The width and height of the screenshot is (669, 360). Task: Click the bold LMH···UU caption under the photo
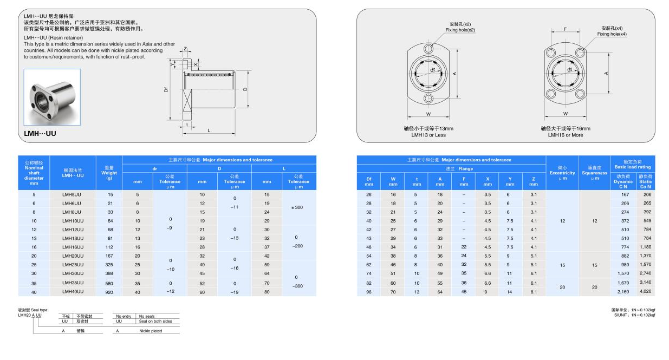[40, 133]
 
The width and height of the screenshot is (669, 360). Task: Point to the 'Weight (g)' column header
[109, 173]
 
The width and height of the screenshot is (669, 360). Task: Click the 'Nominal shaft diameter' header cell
[34, 173]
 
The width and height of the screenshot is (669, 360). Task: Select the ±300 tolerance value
[298, 207]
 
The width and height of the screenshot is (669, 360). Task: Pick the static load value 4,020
[645, 292]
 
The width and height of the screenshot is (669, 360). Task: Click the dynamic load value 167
[625, 194]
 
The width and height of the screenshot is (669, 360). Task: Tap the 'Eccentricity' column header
[562, 173]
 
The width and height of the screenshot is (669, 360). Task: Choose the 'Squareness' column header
[594, 173]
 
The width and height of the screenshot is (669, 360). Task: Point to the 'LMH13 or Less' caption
[428, 135]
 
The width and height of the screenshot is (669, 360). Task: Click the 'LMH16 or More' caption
[565, 135]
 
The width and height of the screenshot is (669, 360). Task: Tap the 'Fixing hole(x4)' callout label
[612, 34]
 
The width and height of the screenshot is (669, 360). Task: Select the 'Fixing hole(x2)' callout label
[460, 30]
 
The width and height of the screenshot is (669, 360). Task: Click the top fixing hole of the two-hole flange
[428, 49]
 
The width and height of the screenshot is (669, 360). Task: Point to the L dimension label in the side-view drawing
[209, 130]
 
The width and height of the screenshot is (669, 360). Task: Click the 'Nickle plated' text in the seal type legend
[150, 331]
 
